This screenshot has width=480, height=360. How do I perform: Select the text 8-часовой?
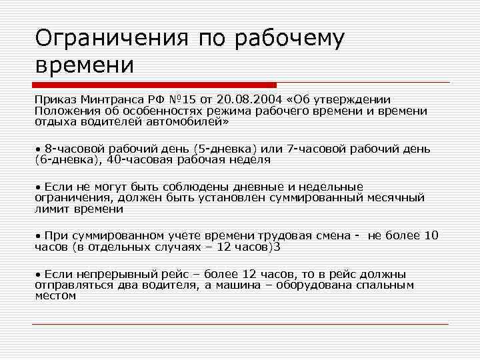72,148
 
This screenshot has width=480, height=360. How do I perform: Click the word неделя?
248,159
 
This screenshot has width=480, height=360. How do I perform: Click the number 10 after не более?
431,235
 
